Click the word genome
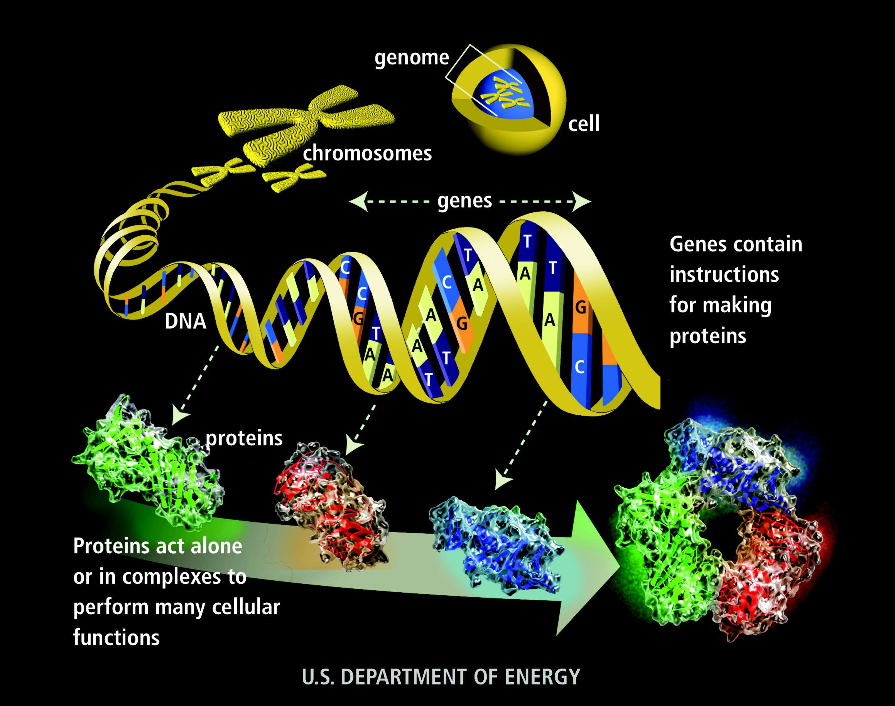(x=412, y=58)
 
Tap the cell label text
(x=583, y=124)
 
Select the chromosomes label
(x=367, y=154)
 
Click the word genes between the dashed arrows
(x=464, y=201)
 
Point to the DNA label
(x=185, y=321)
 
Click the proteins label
(x=244, y=438)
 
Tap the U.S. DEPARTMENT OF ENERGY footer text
(x=441, y=677)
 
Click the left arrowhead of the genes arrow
(x=358, y=201)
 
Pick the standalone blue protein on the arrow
(x=496, y=546)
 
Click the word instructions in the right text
(x=724, y=275)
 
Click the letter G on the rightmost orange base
(x=581, y=308)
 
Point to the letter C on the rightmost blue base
(x=579, y=367)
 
